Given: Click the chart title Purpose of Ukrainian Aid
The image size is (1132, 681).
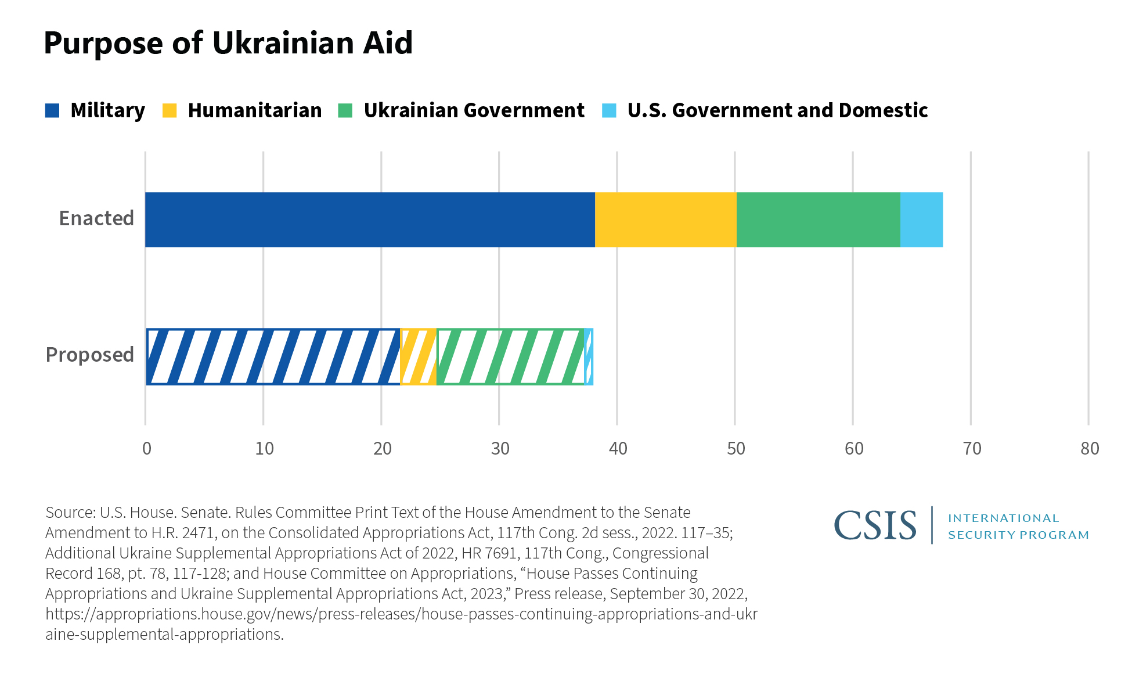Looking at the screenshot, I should coord(228,43).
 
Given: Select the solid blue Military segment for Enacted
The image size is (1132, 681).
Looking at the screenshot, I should coord(370,219).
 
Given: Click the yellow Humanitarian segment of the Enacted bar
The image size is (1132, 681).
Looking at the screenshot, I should coord(665,219).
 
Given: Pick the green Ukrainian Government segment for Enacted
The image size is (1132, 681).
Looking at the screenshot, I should coord(818,219).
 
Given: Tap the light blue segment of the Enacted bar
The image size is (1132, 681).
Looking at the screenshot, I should coord(921,219).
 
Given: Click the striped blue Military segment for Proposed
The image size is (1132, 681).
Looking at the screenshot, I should coord(273,356).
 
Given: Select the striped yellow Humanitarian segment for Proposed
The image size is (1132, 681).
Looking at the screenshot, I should coord(418,356).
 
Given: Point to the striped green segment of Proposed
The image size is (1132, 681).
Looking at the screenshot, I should coord(510,356).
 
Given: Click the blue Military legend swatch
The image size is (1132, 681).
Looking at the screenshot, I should coord(52,110).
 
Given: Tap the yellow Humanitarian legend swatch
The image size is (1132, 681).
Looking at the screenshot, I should coord(170,110).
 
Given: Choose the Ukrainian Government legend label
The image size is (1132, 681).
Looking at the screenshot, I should coord(474,110).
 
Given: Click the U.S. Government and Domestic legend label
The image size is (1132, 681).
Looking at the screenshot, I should coord(777,110).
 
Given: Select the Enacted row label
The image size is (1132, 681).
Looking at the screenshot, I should coord(96,218).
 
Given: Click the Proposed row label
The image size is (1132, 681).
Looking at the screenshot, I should coord(89,355).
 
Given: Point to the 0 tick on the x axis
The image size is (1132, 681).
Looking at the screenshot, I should coord(146,448).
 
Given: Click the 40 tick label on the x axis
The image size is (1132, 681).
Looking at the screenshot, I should coord(618,448).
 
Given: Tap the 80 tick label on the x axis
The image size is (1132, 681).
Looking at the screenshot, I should coord(1089,448).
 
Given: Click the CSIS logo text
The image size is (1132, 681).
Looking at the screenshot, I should coord(875,525).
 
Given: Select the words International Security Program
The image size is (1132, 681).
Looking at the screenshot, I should coord(1018,526).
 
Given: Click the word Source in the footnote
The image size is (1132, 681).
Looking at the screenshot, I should coord(70,513).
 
